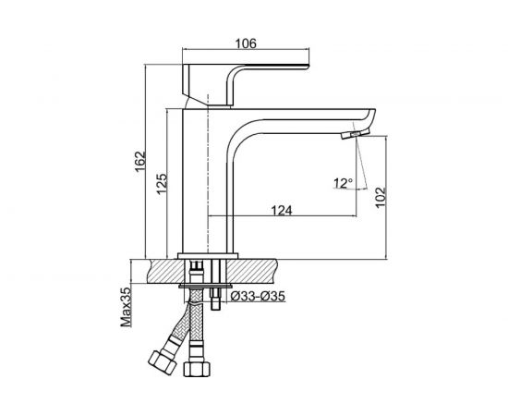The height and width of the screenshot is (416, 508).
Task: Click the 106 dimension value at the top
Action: click(x=246, y=43)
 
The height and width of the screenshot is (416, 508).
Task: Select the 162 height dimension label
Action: click(x=140, y=162)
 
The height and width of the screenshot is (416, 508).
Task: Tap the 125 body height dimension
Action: click(x=163, y=184)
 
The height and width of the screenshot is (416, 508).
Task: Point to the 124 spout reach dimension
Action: click(x=282, y=211)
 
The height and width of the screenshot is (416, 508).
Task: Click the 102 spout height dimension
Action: click(x=381, y=197)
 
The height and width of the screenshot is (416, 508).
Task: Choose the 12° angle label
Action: click(x=343, y=183)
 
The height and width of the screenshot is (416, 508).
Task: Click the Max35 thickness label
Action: click(x=127, y=306)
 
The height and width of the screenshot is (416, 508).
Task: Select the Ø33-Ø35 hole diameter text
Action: click(x=258, y=296)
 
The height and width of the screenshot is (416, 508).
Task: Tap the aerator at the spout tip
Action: click(x=356, y=134)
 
